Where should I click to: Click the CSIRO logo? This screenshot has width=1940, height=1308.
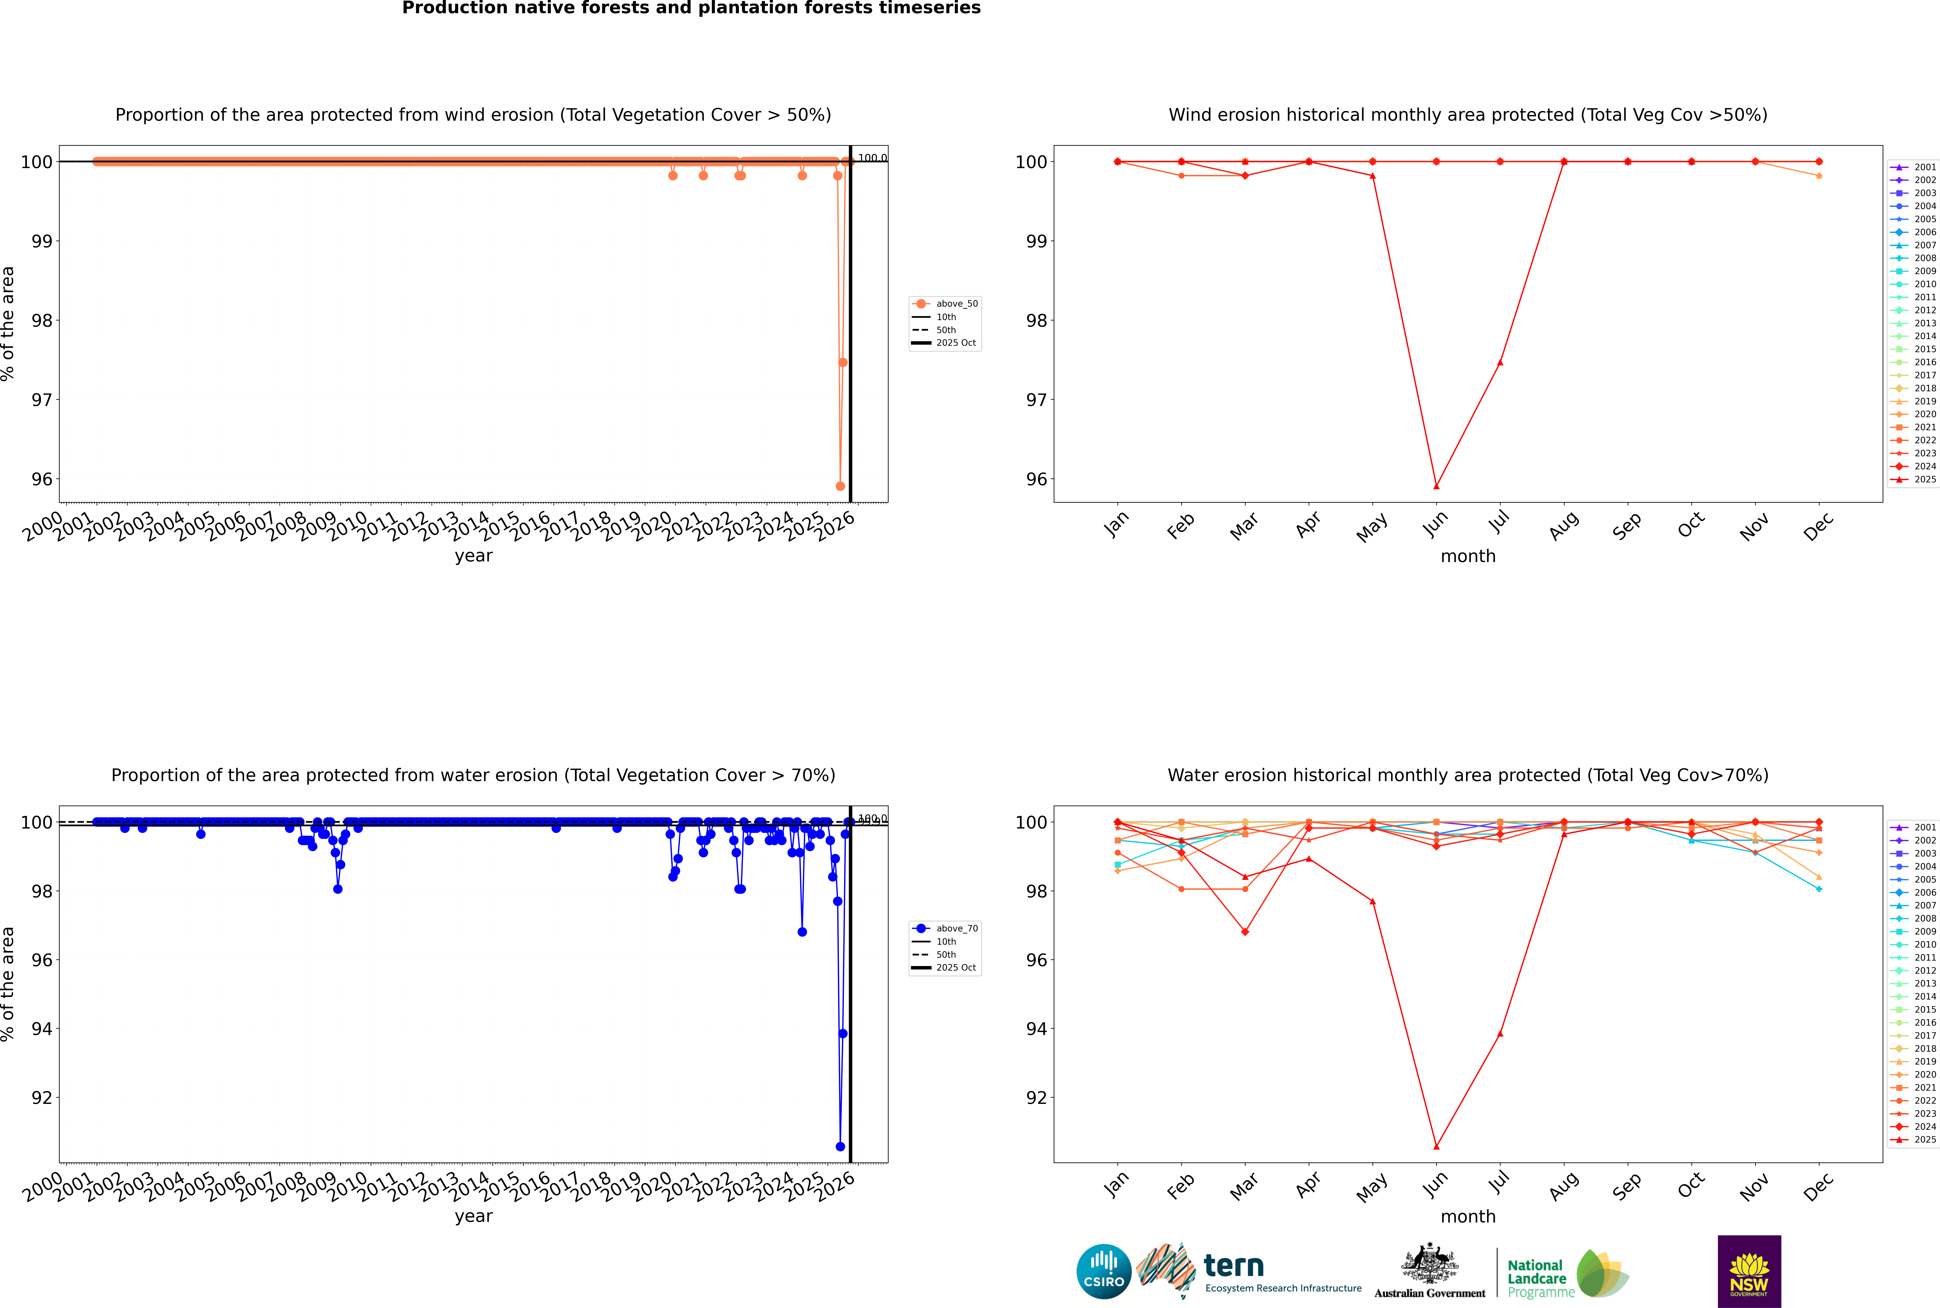[x=1103, y=1271]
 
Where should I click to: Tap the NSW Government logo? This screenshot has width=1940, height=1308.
[x=1749, y=1271]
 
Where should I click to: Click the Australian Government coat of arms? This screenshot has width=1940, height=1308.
[x=1430, y=1265]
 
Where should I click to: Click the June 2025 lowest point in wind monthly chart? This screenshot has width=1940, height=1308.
[x=1436, y=486]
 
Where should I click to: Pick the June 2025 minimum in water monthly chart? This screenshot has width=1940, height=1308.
[x=1436, y=1146]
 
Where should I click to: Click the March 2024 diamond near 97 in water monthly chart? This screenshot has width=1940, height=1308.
[x=1245, y=932]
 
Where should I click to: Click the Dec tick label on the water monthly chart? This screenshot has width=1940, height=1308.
[x=1818, y=1186]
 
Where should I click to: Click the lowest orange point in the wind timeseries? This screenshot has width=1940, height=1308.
[x=840, y=486]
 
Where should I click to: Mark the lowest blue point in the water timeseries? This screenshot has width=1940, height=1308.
[x=840, y=1146]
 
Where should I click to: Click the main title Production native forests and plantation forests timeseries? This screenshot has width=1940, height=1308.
[x=692, y=8]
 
